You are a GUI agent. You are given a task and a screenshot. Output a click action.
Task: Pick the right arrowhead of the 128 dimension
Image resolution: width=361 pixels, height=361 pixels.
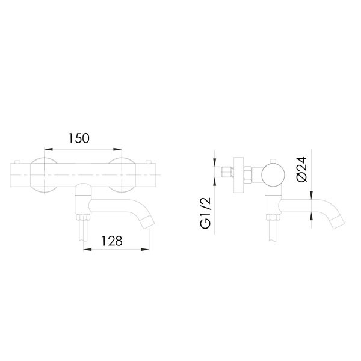pos(147,249)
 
